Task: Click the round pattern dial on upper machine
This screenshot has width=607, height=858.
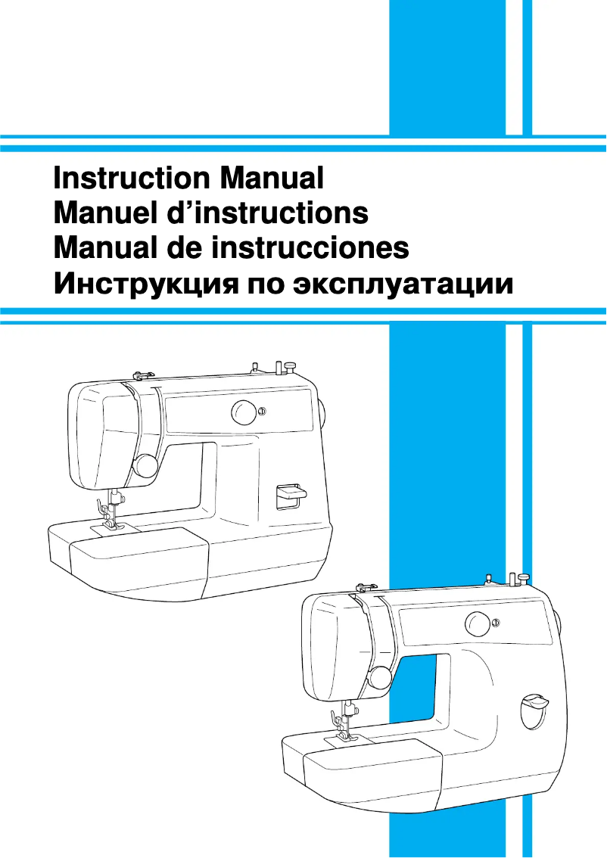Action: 244,412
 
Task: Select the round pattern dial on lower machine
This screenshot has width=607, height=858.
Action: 478,624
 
